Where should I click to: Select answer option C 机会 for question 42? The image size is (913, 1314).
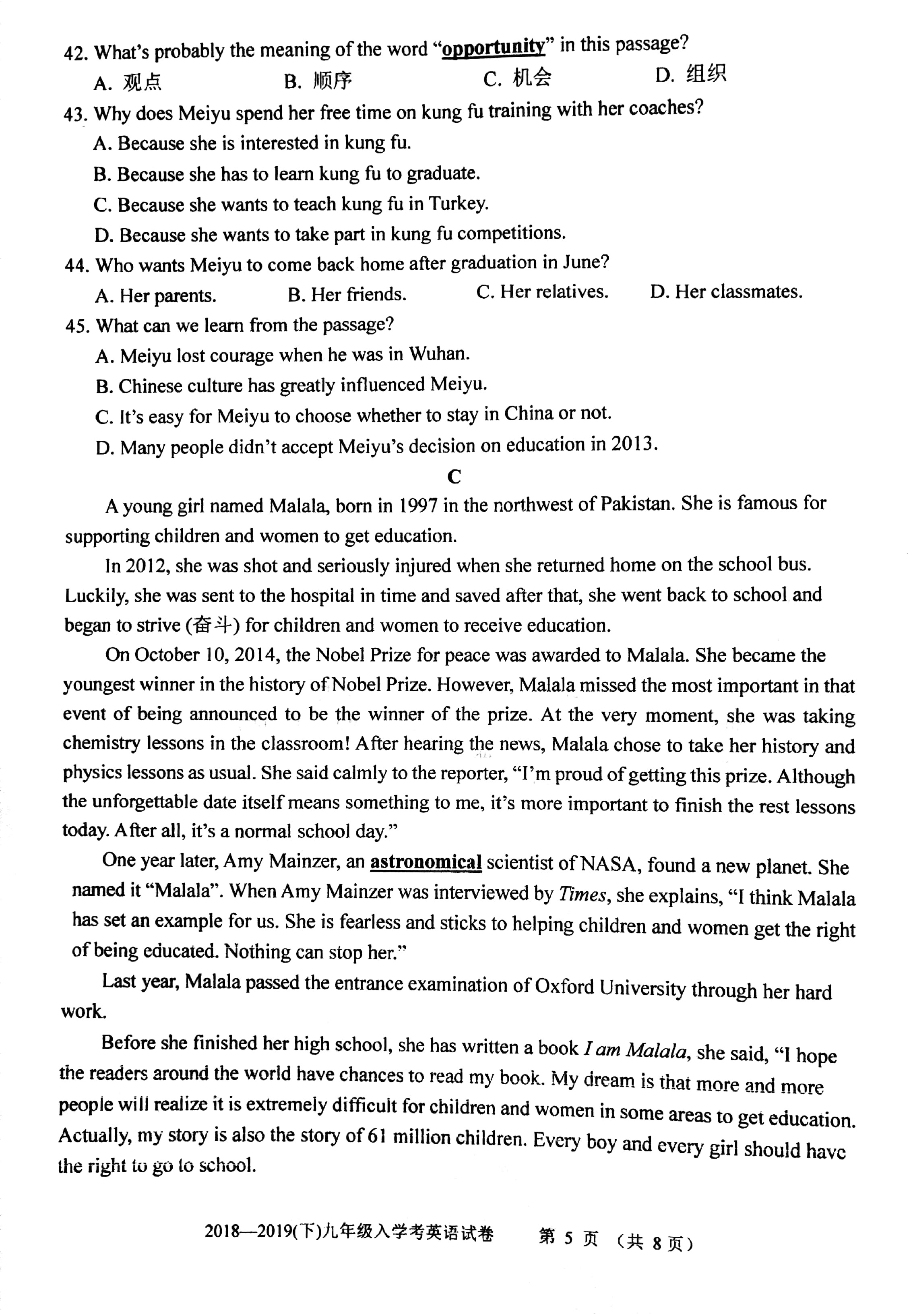[x=517, y=78]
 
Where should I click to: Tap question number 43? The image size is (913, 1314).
[x=74, y=114]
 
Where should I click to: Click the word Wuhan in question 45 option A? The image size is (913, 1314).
[x=438, y=354]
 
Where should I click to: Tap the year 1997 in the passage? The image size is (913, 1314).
[x=417, y=505]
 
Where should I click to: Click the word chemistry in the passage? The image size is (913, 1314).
[x=101, y=743]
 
